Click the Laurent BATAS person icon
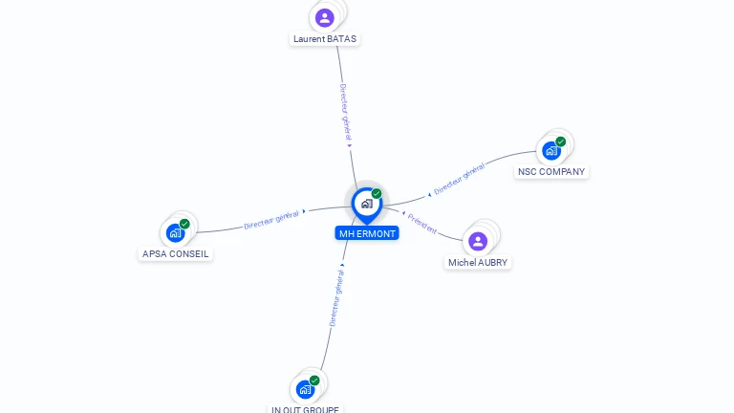(x=325, y=17)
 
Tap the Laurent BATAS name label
(x=326, y=39)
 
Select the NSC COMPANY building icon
(x=550, y=150)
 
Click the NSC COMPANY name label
(x=551, y=172)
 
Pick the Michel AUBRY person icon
(x=478, y=241)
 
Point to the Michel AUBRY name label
(x=479, y=262)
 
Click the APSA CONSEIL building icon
(x=175, y=232)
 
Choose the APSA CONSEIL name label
(x=175, y=254)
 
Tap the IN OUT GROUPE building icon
(x=305, y=389)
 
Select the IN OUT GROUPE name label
(x=305, y=409)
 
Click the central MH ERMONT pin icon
(x=366, y=204)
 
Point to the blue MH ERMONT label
(x=367, y=233)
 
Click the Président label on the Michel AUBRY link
(x=421, y=224)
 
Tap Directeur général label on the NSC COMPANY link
(x=459, y=179)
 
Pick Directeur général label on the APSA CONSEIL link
(x=271, y=220)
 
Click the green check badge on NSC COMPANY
(x=561, y=141)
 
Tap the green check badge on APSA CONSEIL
(x=184, y=224)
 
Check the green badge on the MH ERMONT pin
(x=377, y=194)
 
